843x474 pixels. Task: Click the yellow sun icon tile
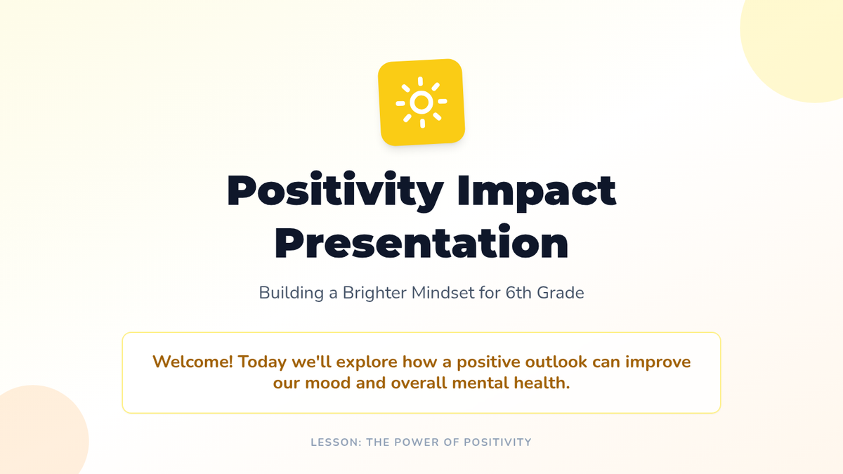click(421, 102)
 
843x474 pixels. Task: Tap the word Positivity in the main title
click(335, 191)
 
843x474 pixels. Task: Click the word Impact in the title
click(537, 191)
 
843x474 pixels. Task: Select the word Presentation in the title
click(421, 242)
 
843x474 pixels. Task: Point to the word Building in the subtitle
click(291, 293)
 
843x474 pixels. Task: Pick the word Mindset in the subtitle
click(443, 293)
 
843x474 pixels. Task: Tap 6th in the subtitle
click(518, 293)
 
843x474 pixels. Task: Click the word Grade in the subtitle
click(561, 293)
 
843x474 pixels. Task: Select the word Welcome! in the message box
click(192, 362)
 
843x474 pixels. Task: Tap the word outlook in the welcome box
click(556, 362)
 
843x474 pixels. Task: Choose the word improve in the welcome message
click(658, 362)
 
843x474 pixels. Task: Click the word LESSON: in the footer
click(336, 442)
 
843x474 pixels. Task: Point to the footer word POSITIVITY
click(497, 442)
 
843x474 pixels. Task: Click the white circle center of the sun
click(421, 102)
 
